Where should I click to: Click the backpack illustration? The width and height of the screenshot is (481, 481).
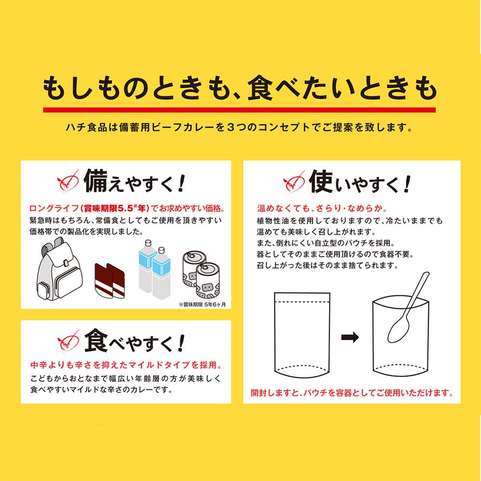(59, 270)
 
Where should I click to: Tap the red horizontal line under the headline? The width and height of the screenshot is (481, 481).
(239, 110)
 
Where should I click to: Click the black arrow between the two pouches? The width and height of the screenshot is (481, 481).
(350, 337)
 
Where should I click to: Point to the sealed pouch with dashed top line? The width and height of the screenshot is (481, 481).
(302, 335)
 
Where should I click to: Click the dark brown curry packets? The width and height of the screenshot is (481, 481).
(110, 281)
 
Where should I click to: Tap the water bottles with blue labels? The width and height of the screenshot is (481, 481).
(154, 269)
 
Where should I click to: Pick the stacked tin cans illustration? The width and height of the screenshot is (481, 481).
(201, 274)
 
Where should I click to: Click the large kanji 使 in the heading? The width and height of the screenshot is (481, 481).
(321, 181)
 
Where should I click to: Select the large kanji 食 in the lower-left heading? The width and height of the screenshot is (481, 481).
(96, 340)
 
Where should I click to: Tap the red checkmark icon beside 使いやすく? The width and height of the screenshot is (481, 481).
(294, 182)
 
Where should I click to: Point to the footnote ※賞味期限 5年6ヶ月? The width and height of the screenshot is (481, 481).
(203, 304)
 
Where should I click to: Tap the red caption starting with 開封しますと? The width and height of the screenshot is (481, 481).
(352, 393)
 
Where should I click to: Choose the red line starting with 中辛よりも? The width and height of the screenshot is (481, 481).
(126, 365)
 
